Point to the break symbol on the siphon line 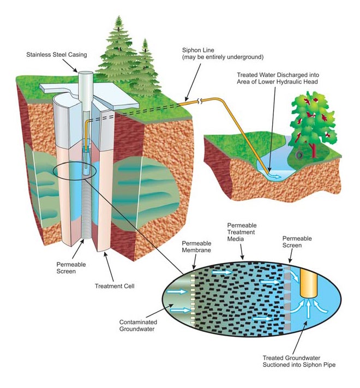pyautogui.click(x=201, y=100)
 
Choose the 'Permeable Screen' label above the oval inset pyautogui.click(x=297, y=242)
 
